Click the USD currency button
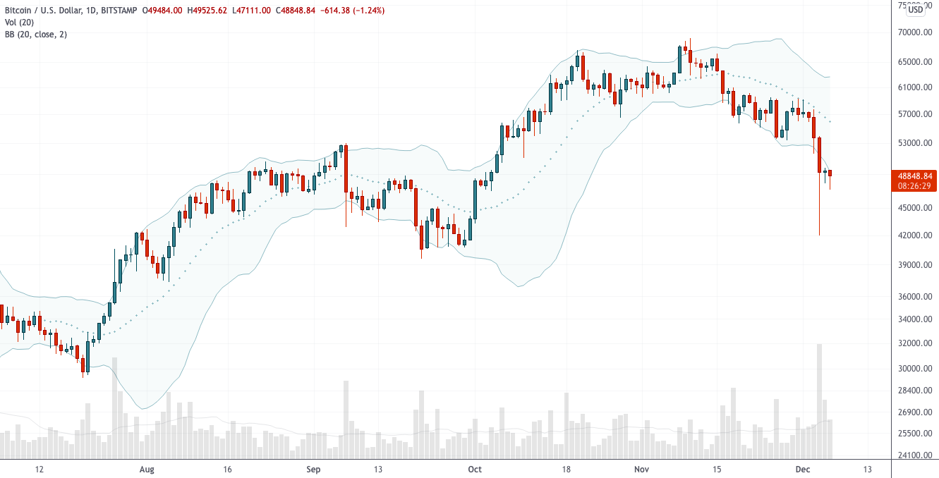click(x=915, y=9)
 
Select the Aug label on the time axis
click(x=147, y=470)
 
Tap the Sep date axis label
click(x=314, y=470)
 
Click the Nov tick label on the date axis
click(x=641, y=470)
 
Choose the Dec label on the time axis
click(x=803, y=470)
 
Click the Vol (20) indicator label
click(x=20, y=22)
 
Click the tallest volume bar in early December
click(x=820, y=401)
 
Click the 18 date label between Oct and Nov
click(x=565, y=470)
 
